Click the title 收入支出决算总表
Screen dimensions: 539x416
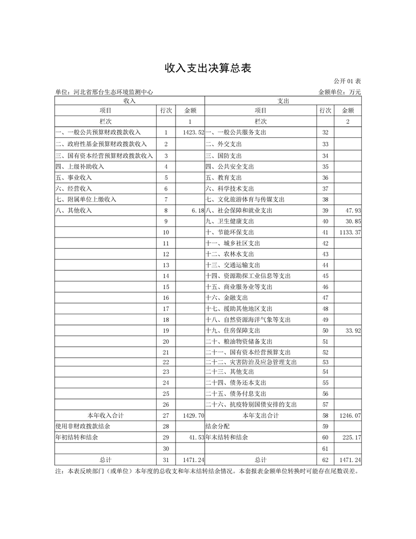(x=207, y=68)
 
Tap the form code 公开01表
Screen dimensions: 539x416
(x=347, y=81)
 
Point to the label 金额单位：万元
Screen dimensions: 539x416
(x=339, y=92)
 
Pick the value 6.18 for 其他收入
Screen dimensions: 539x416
(x=197, y=210)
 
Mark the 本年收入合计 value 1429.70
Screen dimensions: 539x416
(x=193, y=416)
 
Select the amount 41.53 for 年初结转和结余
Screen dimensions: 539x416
(x=196, y=438)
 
